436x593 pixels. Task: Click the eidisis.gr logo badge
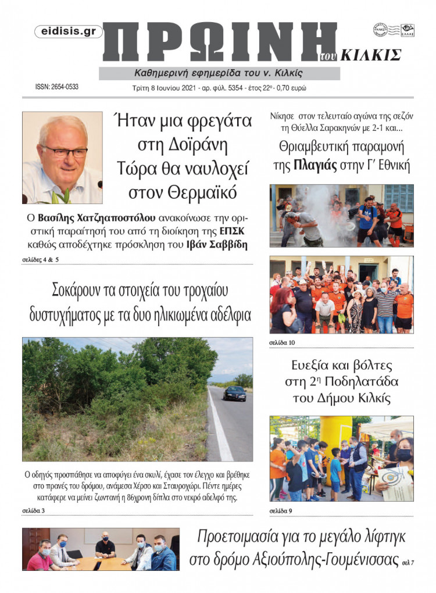pos(69,32)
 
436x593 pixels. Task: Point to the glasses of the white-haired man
pos(63,151)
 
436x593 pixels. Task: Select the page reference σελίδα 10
pos(282,342)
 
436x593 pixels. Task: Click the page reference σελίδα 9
pos(281,511)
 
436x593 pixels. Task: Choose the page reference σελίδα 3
pos(34,511)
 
